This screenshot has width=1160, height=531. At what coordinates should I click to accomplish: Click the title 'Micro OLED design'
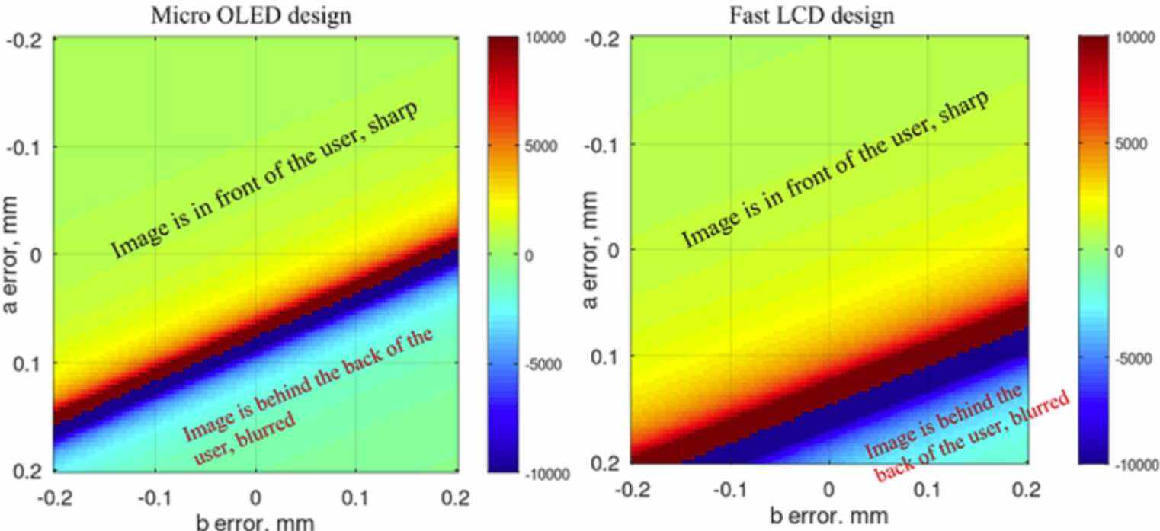[x=251, y=15]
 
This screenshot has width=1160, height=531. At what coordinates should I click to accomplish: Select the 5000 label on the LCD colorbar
[x=1131, y=144]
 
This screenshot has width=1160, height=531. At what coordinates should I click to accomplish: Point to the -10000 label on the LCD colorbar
[x=1136, y=465]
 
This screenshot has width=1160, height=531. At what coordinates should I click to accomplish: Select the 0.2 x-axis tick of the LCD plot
[x=1024, y=488]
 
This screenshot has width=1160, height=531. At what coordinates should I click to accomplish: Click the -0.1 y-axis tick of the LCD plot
[x=602, y=144]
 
